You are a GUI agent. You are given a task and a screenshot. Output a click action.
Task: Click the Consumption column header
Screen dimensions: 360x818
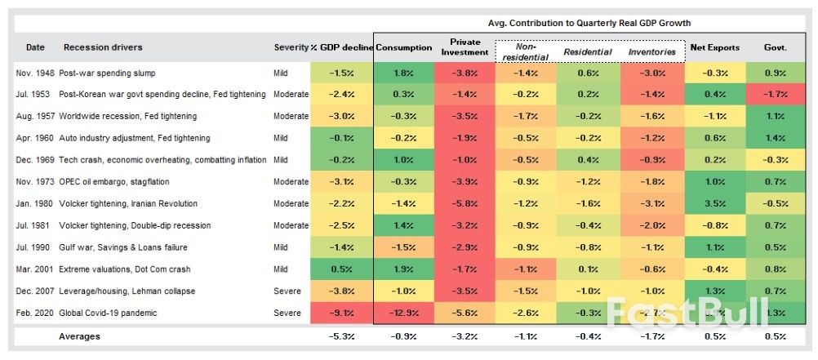[x=403, y=48]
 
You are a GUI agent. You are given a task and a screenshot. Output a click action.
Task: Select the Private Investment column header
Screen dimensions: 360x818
[x=465, y=47]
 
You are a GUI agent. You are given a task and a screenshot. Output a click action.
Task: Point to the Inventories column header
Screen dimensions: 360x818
[x=651, y=52]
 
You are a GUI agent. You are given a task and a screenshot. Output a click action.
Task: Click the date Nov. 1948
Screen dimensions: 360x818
[x=34, y=73]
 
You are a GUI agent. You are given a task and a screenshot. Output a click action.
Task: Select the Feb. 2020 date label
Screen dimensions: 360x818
[x=34, y=313]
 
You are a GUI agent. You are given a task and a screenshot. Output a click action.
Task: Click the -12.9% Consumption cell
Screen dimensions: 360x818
[x=403, y=313]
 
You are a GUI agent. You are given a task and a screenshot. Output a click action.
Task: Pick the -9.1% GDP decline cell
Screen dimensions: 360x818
[x=341, y=313]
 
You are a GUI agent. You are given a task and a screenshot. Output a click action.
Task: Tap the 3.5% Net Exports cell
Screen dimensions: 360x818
[x=715, y=204]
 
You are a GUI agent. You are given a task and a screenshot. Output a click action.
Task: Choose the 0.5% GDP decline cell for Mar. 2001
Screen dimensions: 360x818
[x=341, y=269]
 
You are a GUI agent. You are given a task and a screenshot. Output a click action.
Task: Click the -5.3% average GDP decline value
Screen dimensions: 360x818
[x=341, y=336]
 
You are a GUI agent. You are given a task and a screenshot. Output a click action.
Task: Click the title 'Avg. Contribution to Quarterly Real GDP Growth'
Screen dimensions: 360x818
[x=589, y=23]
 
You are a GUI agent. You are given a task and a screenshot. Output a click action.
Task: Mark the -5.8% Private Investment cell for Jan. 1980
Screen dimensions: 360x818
[x=465, y=204]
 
